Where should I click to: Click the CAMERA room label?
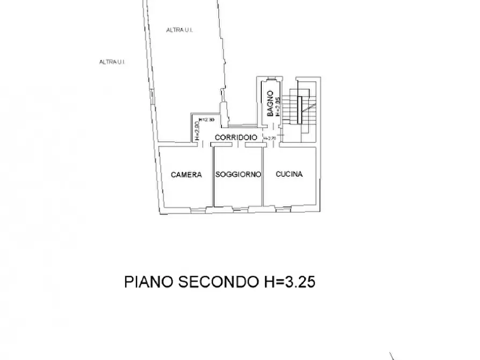pyautogui.click(x=187, y=175)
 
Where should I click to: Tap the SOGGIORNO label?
pyautogui.click(x=238, y=175)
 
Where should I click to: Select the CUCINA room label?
pyautogui.click(x=289, y=174)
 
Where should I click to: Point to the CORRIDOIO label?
pyautogui.click(x=236, y=138)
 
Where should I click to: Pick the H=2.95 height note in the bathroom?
pyautogui.click(x=278, y=107)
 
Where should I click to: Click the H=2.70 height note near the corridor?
pyautogui.click(x=269, y=139)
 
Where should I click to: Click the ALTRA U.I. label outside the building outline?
pyautogui.click(x=112, y=62)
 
